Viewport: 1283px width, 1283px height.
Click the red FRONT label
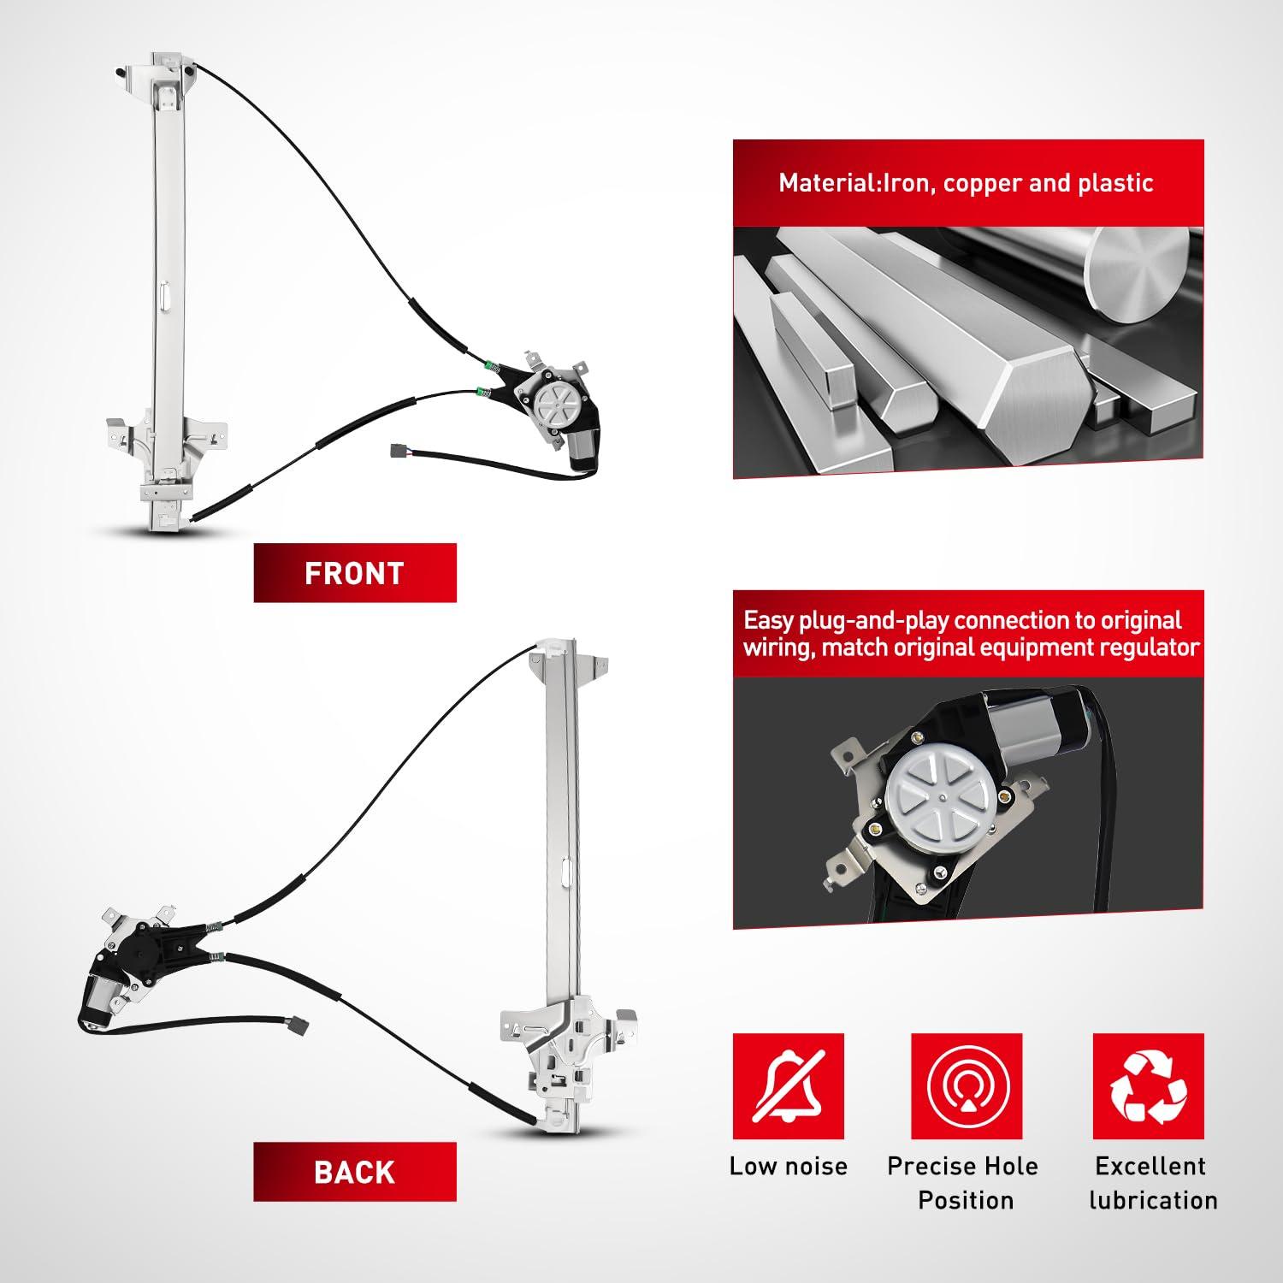click(355, 573)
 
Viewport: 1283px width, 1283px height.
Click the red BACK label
click(355, 1172)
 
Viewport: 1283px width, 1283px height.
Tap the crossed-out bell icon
click(789, 1086)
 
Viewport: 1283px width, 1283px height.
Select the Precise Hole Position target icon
click(967, 1086)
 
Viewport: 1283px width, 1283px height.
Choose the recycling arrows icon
click(1149, 1086)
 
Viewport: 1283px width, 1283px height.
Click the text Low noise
click(789, 1166)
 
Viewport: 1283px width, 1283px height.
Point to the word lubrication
click(1153, 1200)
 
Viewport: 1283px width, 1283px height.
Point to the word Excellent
click(1150, 1166)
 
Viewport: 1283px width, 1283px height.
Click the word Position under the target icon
click(966, 1200)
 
